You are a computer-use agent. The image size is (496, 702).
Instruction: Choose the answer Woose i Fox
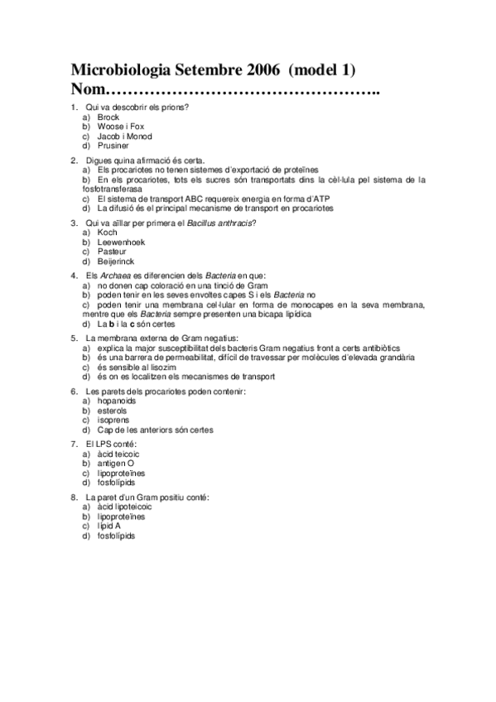[x=120, y=127]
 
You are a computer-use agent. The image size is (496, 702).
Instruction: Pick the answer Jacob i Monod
[x=124, y=136]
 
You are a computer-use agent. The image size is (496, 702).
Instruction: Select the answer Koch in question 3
[x=107, y=233]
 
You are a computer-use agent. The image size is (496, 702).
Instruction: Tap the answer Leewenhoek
[x=121, y=242]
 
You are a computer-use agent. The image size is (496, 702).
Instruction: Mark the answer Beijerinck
[x=118, y=260]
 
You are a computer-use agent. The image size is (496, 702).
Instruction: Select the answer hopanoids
[x=119, y=401]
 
